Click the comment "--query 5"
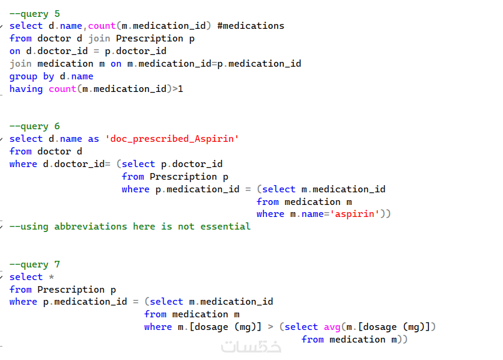point(35,14)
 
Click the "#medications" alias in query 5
point(251,26)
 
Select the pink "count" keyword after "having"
point(62,89)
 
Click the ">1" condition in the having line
point(178,89)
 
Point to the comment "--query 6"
point(35,126)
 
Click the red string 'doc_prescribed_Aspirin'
point(172,139)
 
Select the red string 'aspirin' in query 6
point(355,214)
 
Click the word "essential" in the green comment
point(225,227)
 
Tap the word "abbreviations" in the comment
point(91,227)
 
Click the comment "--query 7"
point(35,264)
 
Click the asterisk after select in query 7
point(51,276)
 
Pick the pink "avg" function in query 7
point(332,327)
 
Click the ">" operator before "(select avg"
point(270,327)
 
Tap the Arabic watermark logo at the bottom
point(251,346)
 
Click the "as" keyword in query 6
point(93,139)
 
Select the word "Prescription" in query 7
point(71,290)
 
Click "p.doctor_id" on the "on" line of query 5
point(135,51)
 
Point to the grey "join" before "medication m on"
point(20,64)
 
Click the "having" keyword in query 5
point(26,89)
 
